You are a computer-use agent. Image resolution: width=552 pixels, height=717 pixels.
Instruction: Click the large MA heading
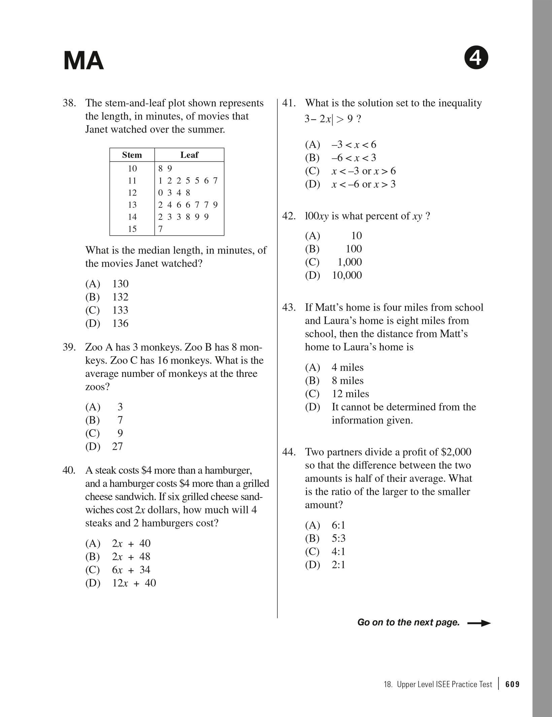(x=83, y=61)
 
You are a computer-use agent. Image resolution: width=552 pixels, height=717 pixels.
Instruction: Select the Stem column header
(x=132, y=155)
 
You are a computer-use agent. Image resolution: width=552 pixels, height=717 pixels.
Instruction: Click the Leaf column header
(x=189, y=155)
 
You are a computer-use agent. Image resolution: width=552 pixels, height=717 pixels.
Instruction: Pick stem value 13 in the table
(x=132, y=205)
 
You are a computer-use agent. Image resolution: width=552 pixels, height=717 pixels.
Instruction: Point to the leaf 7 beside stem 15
(x=161, y=229)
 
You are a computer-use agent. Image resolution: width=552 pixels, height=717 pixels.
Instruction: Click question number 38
(x=69, y=103)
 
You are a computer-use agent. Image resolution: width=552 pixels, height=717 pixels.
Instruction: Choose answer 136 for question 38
(x=120, y=323)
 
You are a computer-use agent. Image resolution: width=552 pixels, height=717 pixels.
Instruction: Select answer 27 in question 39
(x=117, y=446)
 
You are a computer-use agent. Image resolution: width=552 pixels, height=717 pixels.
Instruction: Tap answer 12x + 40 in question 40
(x=134, y=583)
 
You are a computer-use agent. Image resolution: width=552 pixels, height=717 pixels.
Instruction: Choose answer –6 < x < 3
(x=354, y=158)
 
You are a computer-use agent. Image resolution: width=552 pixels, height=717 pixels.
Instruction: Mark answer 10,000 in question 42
(x=347, y=275)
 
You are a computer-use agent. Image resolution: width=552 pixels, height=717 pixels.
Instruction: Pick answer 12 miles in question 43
(x=350, y=394)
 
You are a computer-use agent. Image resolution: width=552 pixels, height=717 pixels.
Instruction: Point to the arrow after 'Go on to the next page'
(x=479, y=623)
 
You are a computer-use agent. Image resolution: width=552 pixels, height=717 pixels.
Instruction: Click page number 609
(x=513, y=684)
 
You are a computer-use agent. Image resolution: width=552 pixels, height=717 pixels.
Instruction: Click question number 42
(x=289, y=216)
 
